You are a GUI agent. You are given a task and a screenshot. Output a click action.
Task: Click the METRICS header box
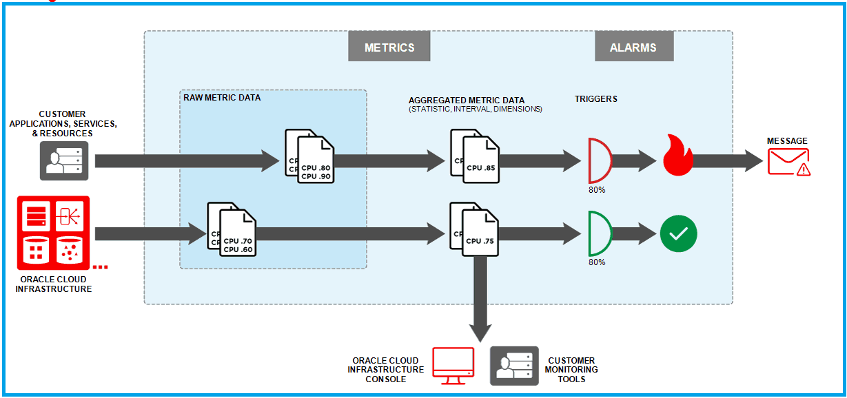tap(389, 47)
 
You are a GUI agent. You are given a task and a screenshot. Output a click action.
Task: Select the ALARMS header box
tap(633, 47)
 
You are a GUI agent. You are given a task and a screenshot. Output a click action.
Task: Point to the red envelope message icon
tap(788, 163)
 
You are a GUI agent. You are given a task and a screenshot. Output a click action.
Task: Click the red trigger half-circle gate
tap(599, 161)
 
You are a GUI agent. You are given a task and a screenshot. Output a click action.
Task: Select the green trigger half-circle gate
tap(599, 233)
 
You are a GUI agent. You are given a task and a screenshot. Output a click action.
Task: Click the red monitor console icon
tap(453, 366)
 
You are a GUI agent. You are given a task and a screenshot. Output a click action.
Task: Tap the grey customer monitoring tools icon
tap(514, 366)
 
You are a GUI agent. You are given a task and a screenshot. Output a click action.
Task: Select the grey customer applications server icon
tap(64, 160)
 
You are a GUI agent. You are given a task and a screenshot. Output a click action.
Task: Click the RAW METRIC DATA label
tap(222, 98)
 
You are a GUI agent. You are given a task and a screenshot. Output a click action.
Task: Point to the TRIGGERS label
tap(596, 99)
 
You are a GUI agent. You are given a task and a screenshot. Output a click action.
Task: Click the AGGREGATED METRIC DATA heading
tap(467, 101)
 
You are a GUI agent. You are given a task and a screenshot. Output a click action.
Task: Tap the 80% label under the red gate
tap(597, 189)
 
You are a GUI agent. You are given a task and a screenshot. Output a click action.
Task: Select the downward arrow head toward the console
tap(480, 331)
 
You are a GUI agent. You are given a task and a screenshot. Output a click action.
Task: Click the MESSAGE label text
tap(787, 141)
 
